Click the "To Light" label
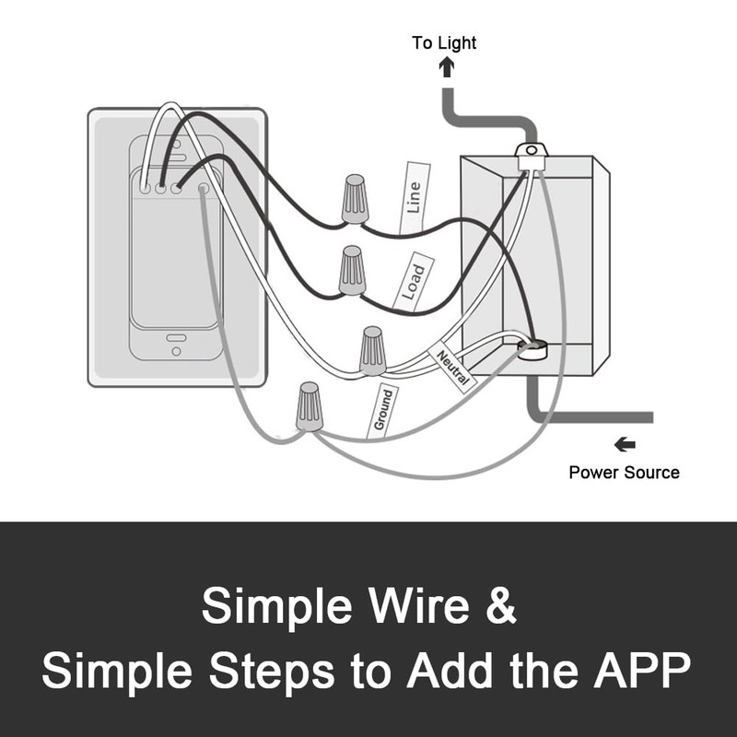[x=444, y=42]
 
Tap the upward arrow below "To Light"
[x=447, y=66]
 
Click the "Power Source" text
[x=625, y=473]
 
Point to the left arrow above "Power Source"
[x=626, y=444]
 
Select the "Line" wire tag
[x=415, y=198]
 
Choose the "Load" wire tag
[x=413, y=282]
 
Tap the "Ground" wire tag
[x=382, y=410]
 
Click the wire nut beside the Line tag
[x=355, y=199]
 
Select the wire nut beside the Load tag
[x=352, y=270]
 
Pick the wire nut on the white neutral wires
[x=372, y=351]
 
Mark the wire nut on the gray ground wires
[x=310, y=406]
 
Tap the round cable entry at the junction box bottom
[x=532, y=350]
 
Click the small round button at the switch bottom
[x=176, y=351]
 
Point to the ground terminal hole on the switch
[x=204, y=189]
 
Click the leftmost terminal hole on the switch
[x=146, y=189]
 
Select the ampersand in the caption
[x=501, y=605]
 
